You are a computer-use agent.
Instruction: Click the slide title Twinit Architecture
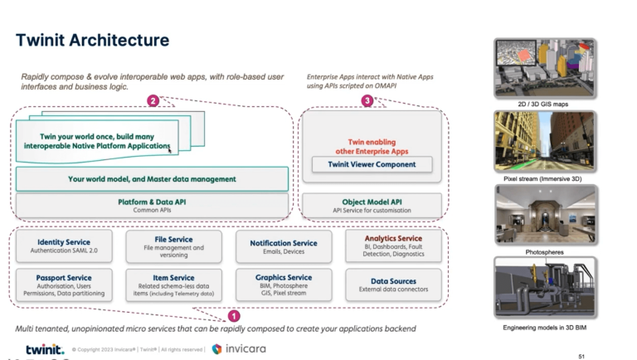tap(92, 40)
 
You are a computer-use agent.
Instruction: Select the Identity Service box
tap(63, 246)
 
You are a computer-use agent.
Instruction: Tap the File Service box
tap(173, 246)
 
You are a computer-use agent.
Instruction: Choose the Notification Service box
tap(283, 246)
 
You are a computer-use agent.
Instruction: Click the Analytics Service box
tap(393, 246)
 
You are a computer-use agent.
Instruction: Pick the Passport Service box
tap(63, 284)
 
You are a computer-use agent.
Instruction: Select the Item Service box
tap(173, 284)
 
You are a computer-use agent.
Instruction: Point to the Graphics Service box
tap(283, 284)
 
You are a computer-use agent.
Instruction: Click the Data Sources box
tap(393, 284)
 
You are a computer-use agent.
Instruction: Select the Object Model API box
tap(372, 205)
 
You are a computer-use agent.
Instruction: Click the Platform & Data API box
tap(152, 205)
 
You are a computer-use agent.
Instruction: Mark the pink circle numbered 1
tap(234, 315)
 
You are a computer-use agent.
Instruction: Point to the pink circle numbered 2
tap(153, 101)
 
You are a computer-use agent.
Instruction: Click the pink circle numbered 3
tap(367, 101)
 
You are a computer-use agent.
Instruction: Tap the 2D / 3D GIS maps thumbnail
tap(544, 67)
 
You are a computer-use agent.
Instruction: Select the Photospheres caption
tap(544, 251)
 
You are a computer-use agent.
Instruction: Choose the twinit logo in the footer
tap(43, 349)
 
